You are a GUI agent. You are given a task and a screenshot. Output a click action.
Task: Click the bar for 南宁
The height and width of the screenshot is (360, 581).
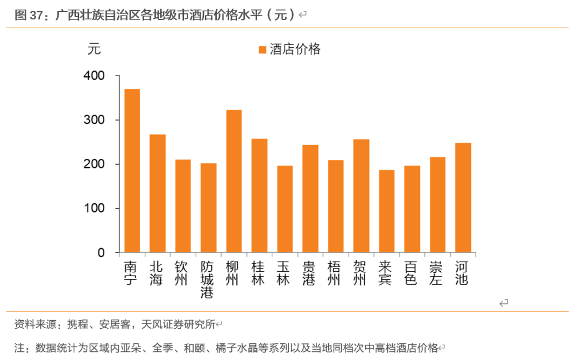(132, 171)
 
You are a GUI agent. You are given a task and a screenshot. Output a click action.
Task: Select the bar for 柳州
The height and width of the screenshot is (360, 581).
(233, 181)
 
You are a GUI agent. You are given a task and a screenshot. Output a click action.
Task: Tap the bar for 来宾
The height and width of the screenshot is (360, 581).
(386, 211)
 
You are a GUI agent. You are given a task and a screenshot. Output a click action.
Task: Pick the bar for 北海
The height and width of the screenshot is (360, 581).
(157, 193)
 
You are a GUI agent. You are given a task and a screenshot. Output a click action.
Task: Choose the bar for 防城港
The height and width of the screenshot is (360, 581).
(208, 208)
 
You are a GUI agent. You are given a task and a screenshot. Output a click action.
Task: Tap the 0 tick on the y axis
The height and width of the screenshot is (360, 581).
(101, 252)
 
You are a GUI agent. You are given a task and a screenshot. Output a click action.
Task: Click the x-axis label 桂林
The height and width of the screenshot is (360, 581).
(259, 273)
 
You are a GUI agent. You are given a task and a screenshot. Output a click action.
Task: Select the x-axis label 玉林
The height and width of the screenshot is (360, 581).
(285, 273)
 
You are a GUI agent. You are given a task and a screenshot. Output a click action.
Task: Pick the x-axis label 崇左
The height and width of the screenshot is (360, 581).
(437, 273)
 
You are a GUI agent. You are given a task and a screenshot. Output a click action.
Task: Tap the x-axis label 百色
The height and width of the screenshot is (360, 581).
(412, 273)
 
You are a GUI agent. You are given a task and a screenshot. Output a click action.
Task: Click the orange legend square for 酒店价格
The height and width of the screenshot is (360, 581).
(263, 50)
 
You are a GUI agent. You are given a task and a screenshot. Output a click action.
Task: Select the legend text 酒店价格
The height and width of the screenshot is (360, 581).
(295, 50)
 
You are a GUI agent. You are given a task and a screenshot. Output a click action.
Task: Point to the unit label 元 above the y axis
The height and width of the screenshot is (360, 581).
(94, 49)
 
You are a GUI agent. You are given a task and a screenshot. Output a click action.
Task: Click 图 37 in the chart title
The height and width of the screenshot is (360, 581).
(28, 15)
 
